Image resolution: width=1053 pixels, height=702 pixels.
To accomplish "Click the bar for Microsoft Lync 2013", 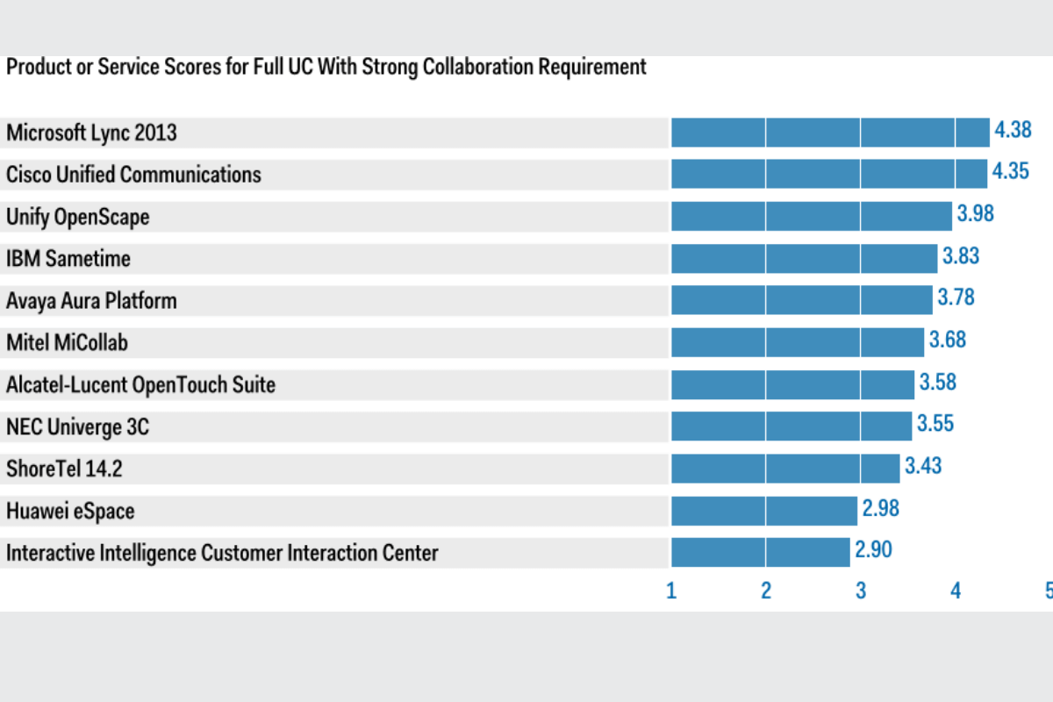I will tap(830, 133).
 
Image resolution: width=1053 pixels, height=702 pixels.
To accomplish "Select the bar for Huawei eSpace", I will tap(764, 510).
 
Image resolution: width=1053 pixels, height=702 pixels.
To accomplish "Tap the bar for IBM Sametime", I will tap(804, 258).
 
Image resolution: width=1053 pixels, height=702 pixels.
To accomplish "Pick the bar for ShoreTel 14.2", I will tap(785, 468).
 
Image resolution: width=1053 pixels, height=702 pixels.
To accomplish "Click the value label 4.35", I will tap(1010, 171).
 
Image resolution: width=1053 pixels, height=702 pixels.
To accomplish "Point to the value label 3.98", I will tap(975, 213).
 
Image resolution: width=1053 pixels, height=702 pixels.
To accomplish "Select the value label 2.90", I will tap(873, 550).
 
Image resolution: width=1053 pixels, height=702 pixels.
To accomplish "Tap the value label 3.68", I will tap(947, 339).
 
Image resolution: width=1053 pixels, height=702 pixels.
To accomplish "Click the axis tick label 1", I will tap(671, 591).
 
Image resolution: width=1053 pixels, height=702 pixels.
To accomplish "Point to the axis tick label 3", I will tap(861, 591).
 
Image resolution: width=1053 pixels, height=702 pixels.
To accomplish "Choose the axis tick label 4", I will tap(956, 591).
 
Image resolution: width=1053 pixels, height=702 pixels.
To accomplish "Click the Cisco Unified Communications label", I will tap(133, 175).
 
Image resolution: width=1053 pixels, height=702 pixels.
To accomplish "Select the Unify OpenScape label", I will tap(78, 217).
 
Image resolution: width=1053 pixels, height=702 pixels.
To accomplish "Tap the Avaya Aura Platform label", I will tap(91, 301).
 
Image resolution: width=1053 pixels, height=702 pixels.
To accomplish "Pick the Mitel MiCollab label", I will tap(67, 342).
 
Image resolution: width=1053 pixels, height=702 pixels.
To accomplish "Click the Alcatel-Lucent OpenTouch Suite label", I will tap(140, 384).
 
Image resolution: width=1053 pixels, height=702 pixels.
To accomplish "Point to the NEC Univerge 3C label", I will tap(78, 426).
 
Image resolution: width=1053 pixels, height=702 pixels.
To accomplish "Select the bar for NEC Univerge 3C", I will tap(792, 426).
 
